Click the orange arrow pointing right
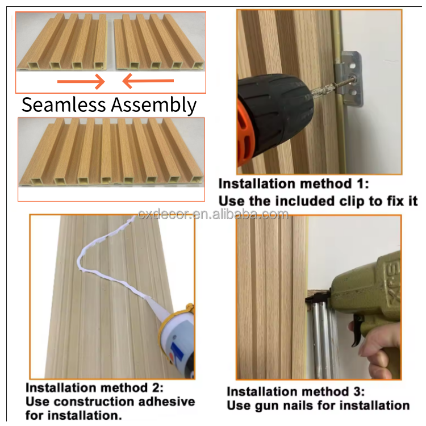(x=81, y=81)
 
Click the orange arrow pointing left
(x=148, y=81)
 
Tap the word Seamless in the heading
(x=64, y=105)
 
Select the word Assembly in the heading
(x=154, y=106)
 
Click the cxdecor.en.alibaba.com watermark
(x=213, y=215)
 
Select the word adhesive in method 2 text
(x=166, y=402)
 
